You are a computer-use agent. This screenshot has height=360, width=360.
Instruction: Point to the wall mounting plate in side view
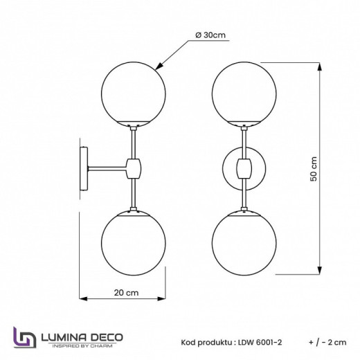pyautogui.click(x=83, y=168)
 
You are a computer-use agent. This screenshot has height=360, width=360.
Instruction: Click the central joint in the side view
pyautogui.click(x=132, y=168)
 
